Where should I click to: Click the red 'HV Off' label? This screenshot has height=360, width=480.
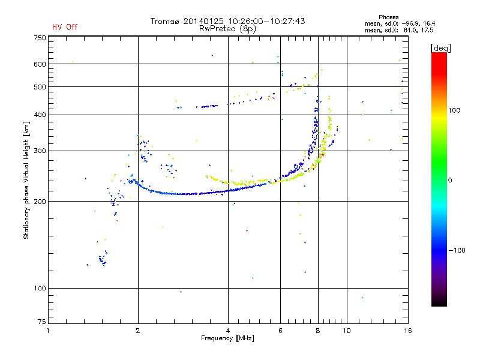[65, 27]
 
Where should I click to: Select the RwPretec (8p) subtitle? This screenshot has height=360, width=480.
[228, 28]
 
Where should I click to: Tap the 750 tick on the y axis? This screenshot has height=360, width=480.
[40, 38]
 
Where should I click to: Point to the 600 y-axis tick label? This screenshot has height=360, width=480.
[40, 64]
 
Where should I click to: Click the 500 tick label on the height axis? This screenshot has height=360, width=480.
[40, 87]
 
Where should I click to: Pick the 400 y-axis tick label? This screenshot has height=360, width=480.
[40, 115]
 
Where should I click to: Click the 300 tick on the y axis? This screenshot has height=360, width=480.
[40, 151]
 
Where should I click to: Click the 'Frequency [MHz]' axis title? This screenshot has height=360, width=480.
[228, 339]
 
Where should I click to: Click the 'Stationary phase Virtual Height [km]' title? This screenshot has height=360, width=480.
[26, 180]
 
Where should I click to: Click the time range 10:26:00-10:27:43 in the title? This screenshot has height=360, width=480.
[267, 21]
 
